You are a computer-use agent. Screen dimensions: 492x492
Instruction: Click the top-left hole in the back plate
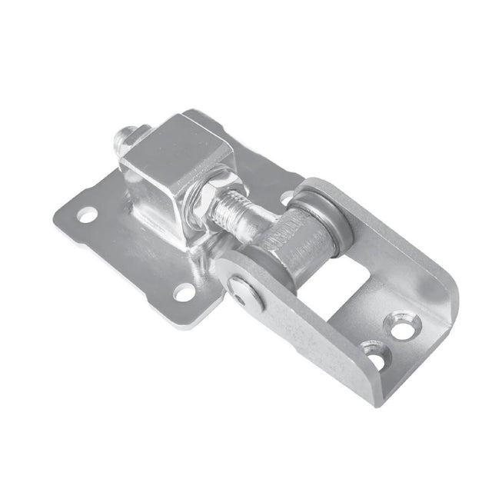coord(87,213)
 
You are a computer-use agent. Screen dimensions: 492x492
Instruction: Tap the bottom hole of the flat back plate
coord(184,291)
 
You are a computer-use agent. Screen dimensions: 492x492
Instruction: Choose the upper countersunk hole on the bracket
coord(401,324)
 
